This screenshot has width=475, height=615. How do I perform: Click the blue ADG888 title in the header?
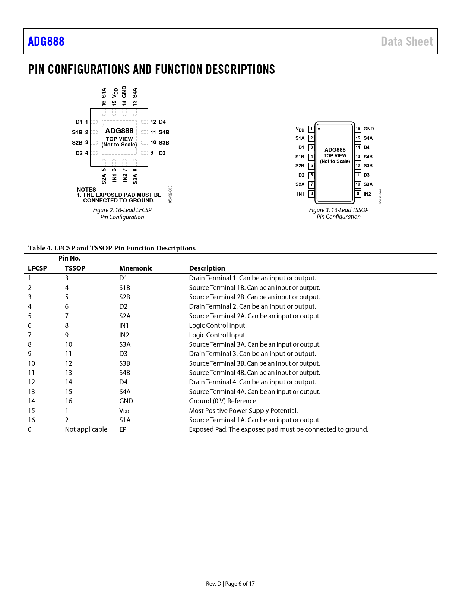pos(46,41)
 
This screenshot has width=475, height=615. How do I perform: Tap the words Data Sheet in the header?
pos(407,41)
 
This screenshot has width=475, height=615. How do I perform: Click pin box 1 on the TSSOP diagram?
pos(311,129)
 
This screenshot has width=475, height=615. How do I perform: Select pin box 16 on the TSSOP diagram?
pos(358,129)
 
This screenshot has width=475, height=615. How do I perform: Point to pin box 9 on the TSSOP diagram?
pos(358,194)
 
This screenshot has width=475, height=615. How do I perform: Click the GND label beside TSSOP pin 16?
pos(368,129)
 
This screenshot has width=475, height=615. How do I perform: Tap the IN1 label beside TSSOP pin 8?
pos(300,194)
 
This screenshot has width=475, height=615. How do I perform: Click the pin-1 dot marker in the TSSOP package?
pos(319,129)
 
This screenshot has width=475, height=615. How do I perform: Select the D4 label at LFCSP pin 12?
pos(162,122)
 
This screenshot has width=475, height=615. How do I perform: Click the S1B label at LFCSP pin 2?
pos(77,132)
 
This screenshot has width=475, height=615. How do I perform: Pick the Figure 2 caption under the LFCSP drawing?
pos(122,214)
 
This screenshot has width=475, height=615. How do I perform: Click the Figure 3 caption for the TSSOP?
pos(339,213)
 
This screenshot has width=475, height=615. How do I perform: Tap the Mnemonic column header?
pos(136,268)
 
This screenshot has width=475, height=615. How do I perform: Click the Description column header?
pos(207,268)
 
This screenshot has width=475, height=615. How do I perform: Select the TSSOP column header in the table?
pos(75,268)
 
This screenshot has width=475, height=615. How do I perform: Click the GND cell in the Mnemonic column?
pos(126,401)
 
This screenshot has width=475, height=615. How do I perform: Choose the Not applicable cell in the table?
pos(86,429)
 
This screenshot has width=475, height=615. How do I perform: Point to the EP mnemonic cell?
pos(123,429)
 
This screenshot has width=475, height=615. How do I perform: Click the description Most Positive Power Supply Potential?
pos(243,411)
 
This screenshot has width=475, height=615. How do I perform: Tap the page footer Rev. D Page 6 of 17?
pos(230,584)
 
